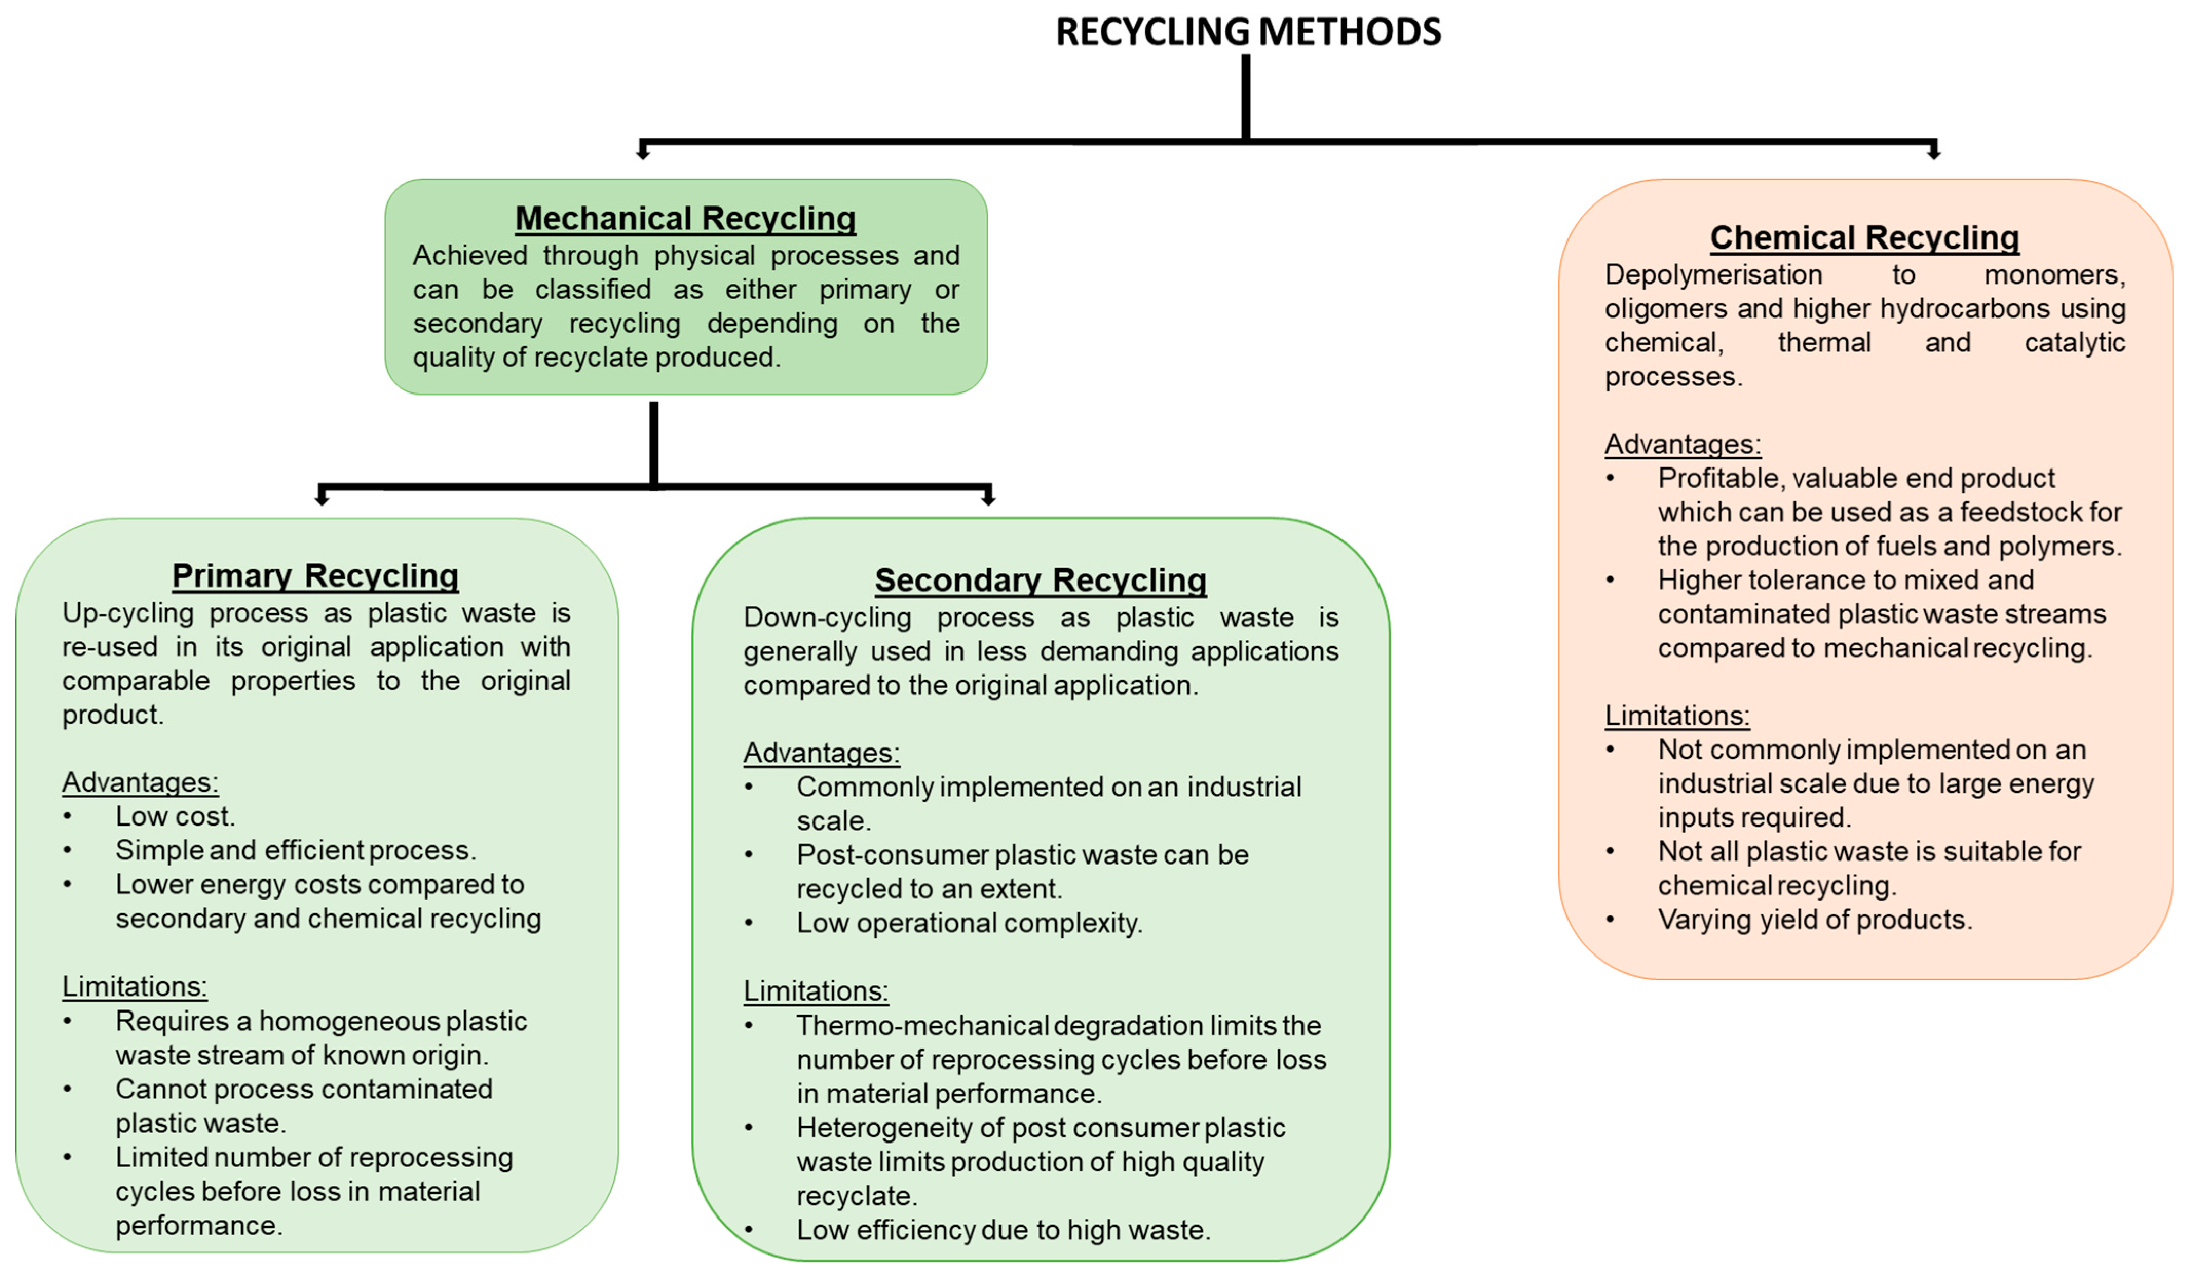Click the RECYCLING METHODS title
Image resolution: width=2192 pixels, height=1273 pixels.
pyautogui.click(x=1248, y=32)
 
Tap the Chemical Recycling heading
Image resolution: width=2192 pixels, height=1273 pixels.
pyautogui.click(x=1864, y=237)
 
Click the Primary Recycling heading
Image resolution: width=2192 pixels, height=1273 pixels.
pyautogui.click(x=315, y=575)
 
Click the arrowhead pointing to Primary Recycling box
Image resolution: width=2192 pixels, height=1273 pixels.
pyautogui.click(x=322, y=499)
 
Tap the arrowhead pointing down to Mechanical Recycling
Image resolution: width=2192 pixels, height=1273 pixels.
pyautogui.click(x=643, y=153)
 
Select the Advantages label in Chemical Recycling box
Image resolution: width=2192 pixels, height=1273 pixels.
pyautogui.click(x=1683, y=444)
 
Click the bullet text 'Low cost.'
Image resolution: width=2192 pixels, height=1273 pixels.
pyautogui.click(x=175, y=816)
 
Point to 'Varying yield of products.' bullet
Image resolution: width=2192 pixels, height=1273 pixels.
pyautogui.click(x=1815, y=919)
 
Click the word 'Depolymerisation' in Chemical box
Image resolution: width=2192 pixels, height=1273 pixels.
pyautogui.click(x=1713, y=274)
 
